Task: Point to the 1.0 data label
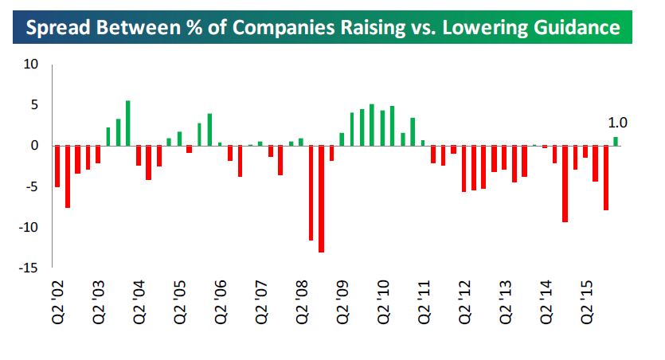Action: pyautogui.click(x=617, y=123)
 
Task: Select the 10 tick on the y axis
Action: pyautogui.click(x=31, y=65)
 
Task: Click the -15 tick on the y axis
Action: pyautogui.click(x=29, y=268)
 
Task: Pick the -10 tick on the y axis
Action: pyautogui.click(x=29, y=227)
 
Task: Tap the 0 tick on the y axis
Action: pyautogui.click(x=35, y=146)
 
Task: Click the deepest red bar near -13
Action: pyautogui.click(x=321, y=199)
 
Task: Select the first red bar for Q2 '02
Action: pyautogui.click(x=57, y=166)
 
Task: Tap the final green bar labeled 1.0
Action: pyautogui.click(x=616, y=142)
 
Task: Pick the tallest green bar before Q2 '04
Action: pyautogui.click(x=128, y=123)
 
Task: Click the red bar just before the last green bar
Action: pyautogui.click(x=605, y=178)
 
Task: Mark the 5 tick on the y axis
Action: pyautogui.click(x=35, y=105)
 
